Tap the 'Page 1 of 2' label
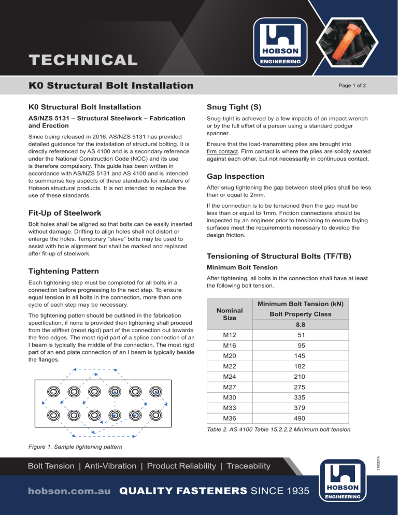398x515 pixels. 352,85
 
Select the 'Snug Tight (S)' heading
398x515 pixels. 234,107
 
